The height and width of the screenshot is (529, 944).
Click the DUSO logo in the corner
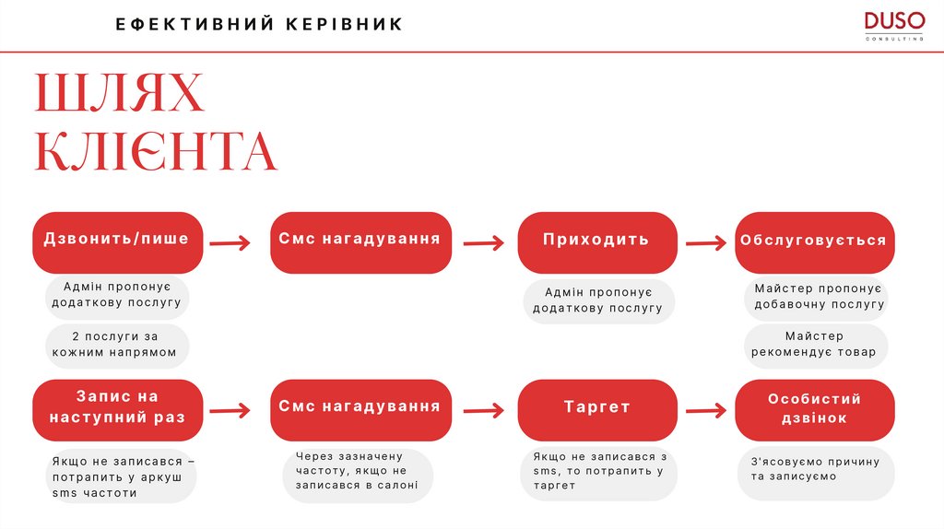(893, 25)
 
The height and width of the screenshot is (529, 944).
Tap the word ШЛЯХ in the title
(119, 95)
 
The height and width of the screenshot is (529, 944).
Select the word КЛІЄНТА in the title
(156, 152)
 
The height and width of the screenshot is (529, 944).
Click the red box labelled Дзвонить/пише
(117, 241)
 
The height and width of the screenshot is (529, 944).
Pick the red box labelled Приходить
(596, 241)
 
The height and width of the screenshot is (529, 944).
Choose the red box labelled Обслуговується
(814, 241)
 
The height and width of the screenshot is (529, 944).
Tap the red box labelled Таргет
(597, 408)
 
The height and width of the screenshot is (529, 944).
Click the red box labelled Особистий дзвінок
(814, 409)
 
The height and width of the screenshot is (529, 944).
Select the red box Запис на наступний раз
(117, 408)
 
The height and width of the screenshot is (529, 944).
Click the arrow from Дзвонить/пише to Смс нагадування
(230, 243)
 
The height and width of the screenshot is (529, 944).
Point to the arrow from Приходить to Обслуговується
(706, 243)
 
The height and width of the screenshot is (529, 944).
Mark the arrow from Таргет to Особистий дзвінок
(706, 411)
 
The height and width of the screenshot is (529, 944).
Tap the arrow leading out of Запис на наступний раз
(230, 411)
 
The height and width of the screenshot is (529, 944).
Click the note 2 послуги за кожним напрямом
(117, 346)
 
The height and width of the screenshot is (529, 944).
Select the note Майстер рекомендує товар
(814, 345)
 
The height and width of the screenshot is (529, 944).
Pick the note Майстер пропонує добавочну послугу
(814, 297)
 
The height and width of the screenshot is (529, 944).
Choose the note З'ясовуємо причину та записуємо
(814, 469)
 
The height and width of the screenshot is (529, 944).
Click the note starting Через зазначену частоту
(357, 471)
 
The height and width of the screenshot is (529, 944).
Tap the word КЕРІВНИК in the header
(348, 25)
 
